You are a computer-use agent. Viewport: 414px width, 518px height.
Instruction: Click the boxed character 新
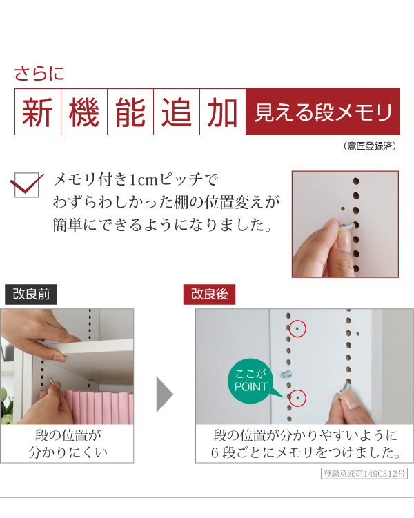point(38,111)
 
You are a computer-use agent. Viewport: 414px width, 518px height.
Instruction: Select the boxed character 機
point(84,111)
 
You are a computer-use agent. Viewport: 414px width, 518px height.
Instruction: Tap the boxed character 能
point(130,111)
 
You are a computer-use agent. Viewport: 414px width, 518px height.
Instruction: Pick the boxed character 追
point(177,111)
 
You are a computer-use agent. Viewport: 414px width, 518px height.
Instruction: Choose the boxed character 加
point(222,111)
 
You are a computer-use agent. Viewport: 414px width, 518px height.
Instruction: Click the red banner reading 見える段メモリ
point(322,112)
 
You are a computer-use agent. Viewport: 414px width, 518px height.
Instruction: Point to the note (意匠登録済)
point(369,146)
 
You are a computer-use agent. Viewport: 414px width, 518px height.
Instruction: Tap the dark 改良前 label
point(30,295)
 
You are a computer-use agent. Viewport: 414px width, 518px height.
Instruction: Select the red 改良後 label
point(209,295)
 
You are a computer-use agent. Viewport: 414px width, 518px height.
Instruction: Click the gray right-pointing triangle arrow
point(164,394)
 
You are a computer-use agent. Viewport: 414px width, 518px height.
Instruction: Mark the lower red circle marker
point(297,397)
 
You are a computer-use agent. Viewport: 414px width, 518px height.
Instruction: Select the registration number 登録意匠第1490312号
point(365,474)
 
